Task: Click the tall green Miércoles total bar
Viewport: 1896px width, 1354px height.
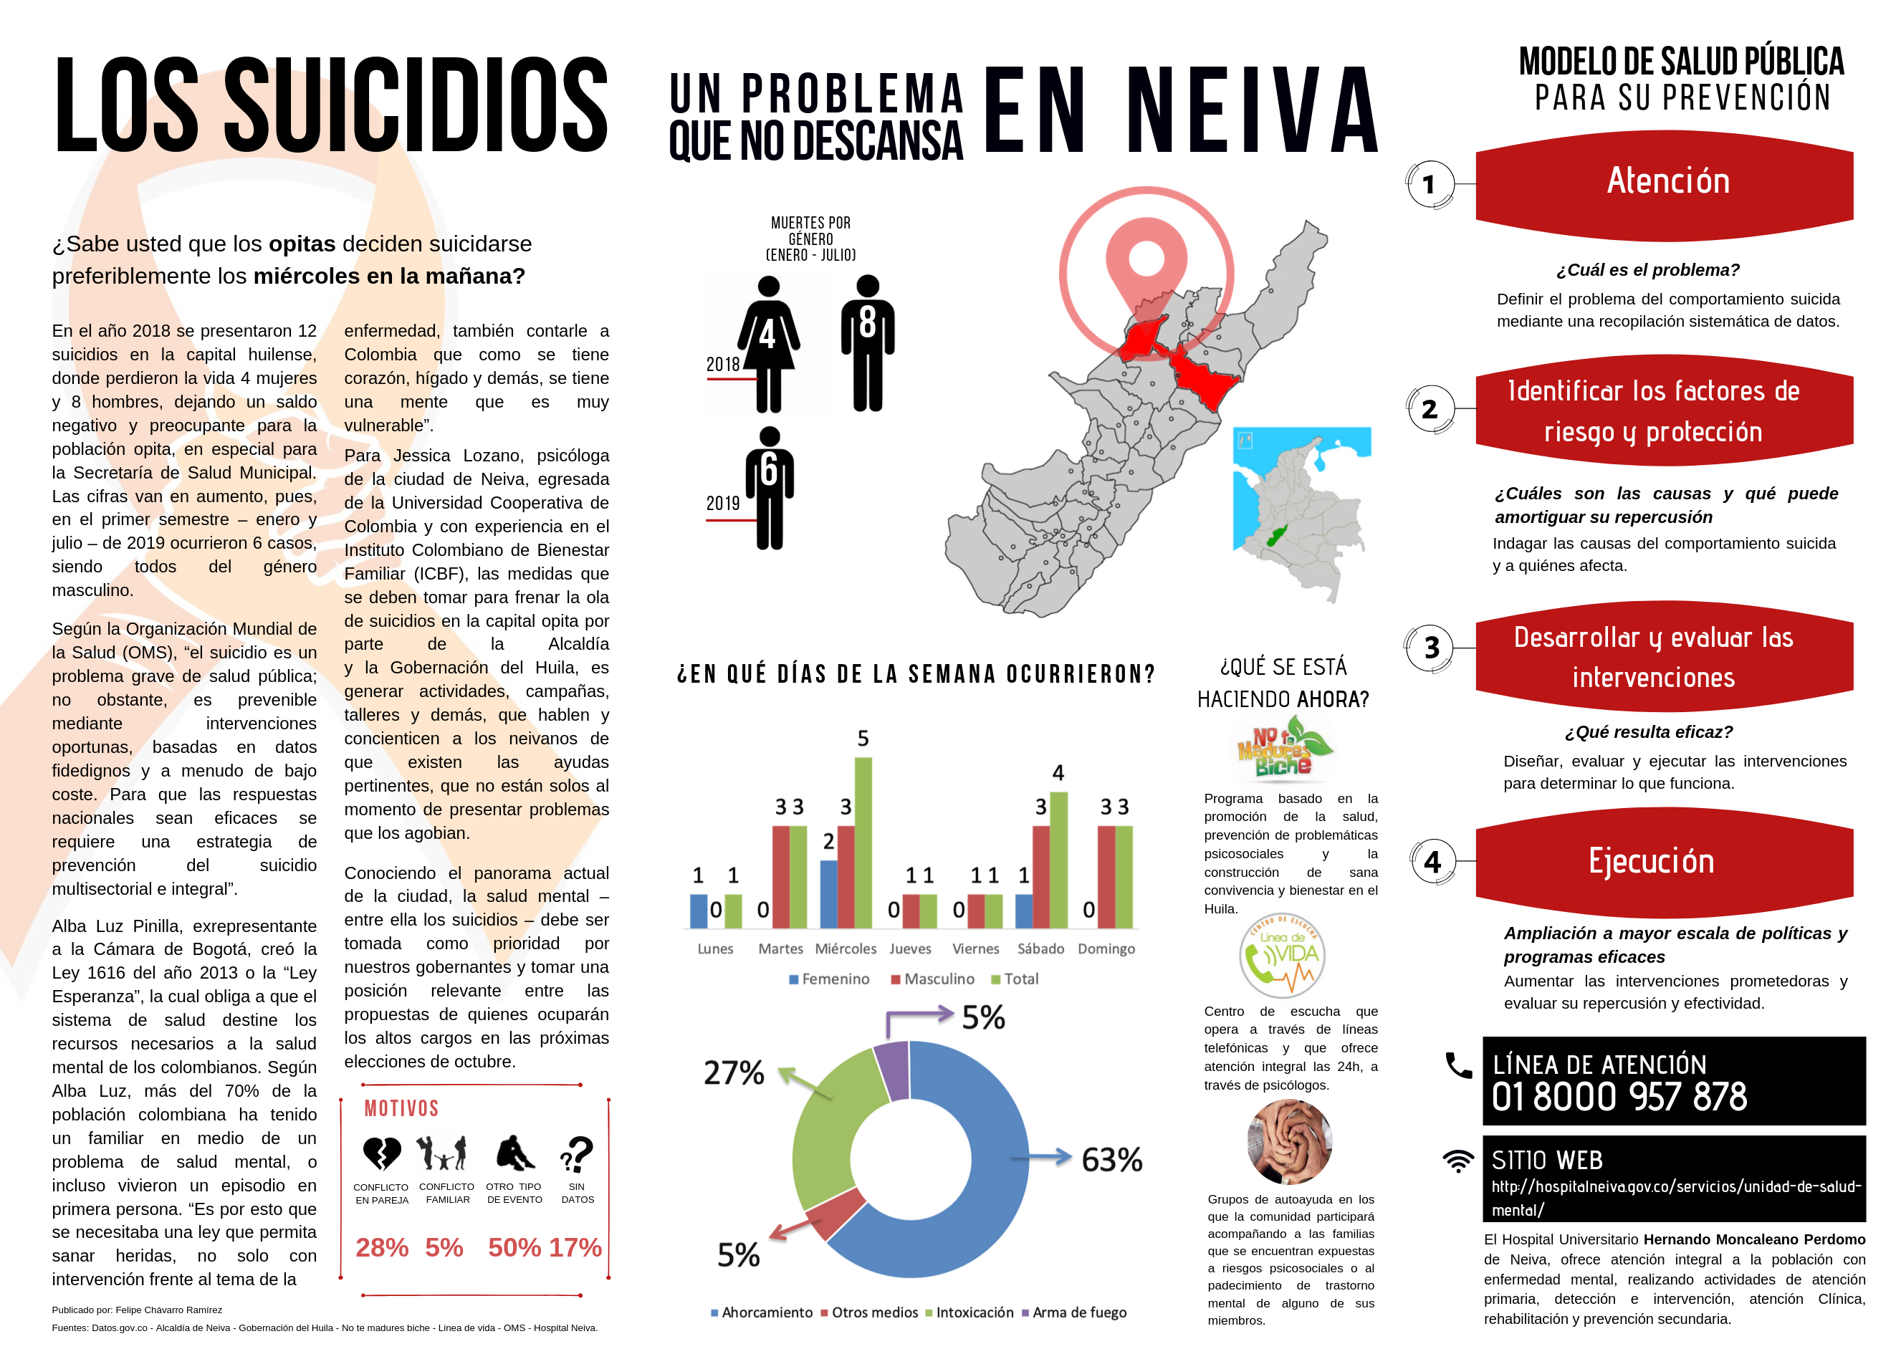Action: tap(863, 842)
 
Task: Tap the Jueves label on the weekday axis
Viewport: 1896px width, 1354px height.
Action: tap(909, 949)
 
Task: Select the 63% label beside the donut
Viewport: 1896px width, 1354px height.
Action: tap(1111, 1160)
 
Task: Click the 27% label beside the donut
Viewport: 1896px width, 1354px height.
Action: tap(734, 1073)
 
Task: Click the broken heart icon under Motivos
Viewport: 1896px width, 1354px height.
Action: tap(382, 1154)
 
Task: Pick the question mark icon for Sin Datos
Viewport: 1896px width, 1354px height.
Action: tap(576, 1155)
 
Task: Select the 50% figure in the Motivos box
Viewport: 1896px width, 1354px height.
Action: tap(514, 1247)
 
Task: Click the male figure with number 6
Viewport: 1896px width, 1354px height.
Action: tap(770, 488)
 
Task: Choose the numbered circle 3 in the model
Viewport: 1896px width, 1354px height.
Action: tap(1431, 648)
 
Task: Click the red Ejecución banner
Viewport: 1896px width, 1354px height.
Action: tap(1663, 862)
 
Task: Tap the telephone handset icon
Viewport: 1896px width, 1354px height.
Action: tap(1458, 1065)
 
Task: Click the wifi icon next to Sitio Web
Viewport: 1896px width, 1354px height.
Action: tap(1458, 1161)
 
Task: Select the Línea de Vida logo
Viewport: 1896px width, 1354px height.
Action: tap(1281, 956)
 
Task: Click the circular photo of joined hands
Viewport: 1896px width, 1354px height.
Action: tap(1289, 1141)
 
